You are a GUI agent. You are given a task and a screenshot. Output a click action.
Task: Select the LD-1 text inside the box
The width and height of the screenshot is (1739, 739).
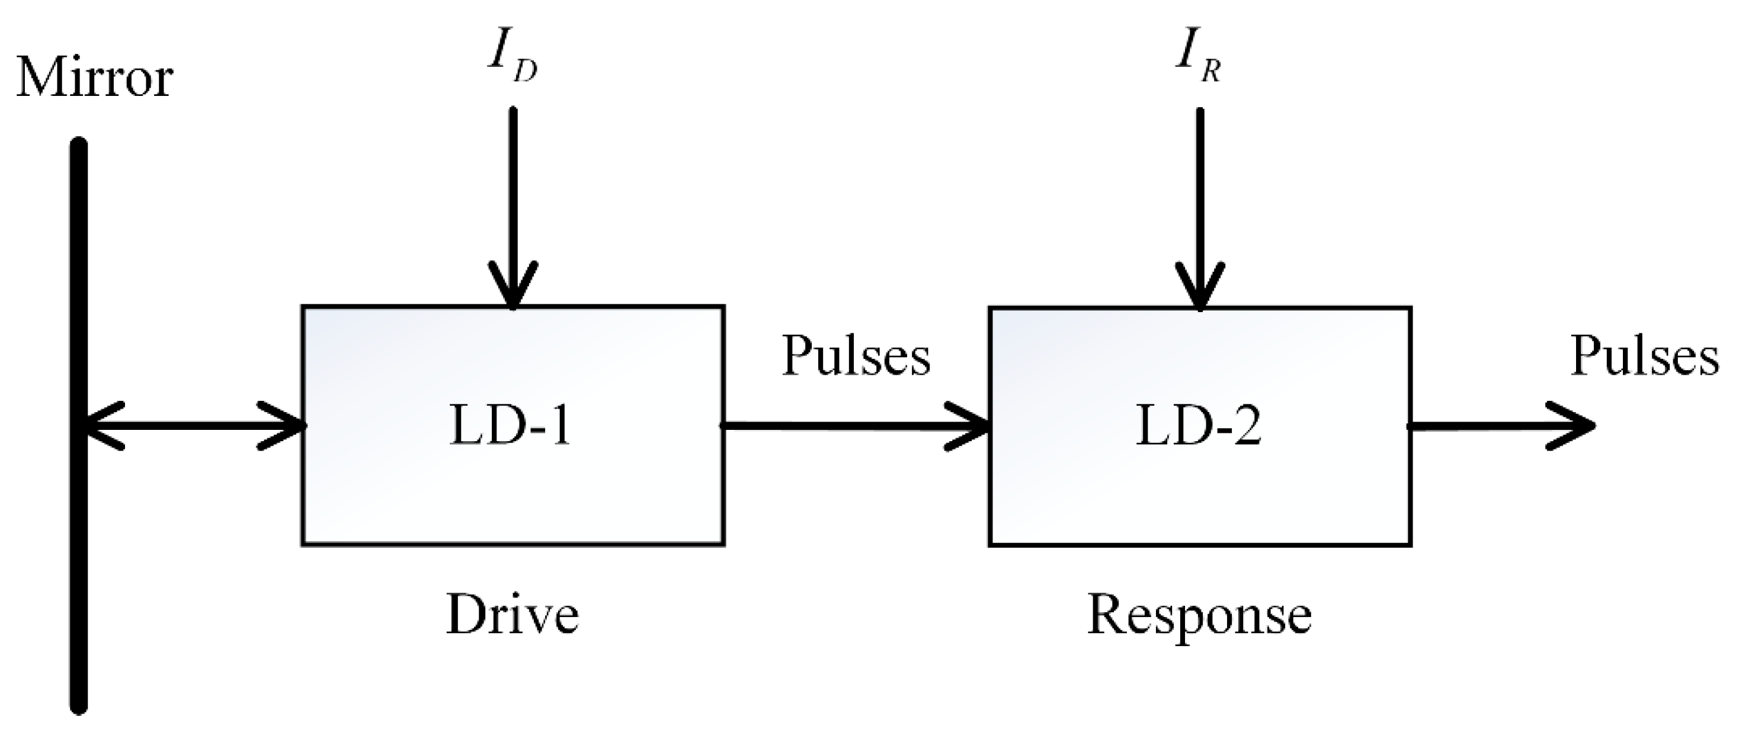(510, 426)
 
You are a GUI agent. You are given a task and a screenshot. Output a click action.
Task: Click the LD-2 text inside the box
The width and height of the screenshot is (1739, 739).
(1198, 426)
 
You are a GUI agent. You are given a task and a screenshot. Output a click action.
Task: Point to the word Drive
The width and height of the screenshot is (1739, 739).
(513, 615)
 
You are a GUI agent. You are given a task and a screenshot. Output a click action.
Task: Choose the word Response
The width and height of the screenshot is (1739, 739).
(1199, 615)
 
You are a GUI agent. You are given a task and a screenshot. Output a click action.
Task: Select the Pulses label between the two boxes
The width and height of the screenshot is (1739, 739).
(856, 356)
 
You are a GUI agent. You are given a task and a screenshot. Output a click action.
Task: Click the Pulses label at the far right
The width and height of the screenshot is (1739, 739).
(1644, 356)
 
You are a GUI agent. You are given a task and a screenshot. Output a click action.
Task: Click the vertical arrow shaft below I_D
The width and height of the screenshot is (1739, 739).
(513, 189)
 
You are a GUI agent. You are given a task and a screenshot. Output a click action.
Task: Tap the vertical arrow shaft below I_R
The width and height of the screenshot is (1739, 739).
(1200, 189)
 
